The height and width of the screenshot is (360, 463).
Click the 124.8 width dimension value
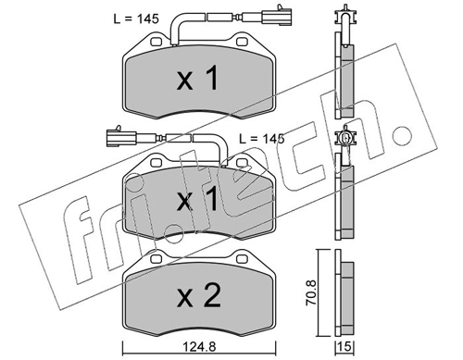[x=199, y=347]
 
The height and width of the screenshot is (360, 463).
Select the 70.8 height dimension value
[x=311, y=292]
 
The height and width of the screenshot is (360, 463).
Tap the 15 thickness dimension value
[x=344, y=347]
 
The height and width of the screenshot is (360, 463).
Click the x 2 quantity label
[x=199, y=296]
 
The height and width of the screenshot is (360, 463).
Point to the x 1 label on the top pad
[x=197, y=79]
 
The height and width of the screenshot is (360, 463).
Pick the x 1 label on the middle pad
[x=197, y=200]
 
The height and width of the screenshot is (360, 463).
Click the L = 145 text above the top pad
[x=136, y=19]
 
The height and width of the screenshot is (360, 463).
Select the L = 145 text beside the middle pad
[x=262, y=139]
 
